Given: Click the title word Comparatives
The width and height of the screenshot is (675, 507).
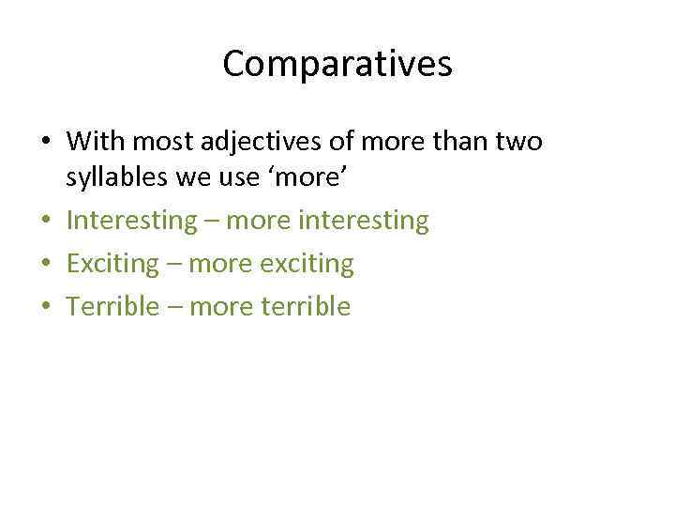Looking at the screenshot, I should click(337, 64).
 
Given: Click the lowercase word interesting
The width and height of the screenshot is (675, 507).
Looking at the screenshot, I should click(362, 221).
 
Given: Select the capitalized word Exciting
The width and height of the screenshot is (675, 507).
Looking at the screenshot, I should click(113, 264).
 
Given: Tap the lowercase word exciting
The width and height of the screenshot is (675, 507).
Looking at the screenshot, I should click(308, 264).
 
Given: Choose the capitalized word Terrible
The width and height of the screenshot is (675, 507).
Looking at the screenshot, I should click(113, 306).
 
